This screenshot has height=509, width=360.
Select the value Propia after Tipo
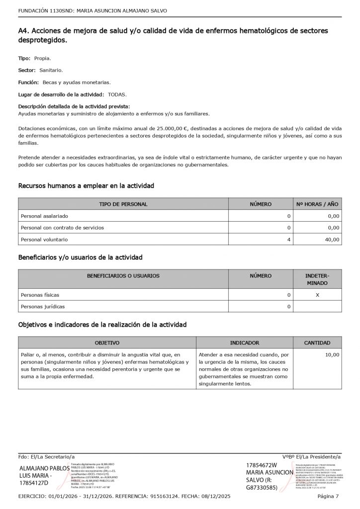click(42, 58)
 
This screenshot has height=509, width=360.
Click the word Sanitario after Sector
click(51, 70)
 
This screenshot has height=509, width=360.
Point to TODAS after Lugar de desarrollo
click(117, 94)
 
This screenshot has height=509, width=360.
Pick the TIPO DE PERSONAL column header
click(123, 204)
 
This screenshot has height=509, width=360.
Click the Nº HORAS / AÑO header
click(317, 204)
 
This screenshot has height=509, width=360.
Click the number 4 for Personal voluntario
click(288, 240)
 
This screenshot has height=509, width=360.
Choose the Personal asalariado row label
click(44, 216)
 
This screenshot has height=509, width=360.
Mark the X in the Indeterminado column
click(317, 295)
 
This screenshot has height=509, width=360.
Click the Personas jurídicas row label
click(43, 307)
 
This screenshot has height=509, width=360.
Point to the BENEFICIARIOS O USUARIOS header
click(123, 275)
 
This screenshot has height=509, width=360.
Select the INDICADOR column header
click(245, 343)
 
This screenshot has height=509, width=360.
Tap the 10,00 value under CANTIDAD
click(332, 355)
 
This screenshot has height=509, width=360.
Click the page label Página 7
click(328, 496)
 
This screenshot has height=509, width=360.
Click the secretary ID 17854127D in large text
click(34, 483)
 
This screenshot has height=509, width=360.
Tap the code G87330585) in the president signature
click(262, 488)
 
